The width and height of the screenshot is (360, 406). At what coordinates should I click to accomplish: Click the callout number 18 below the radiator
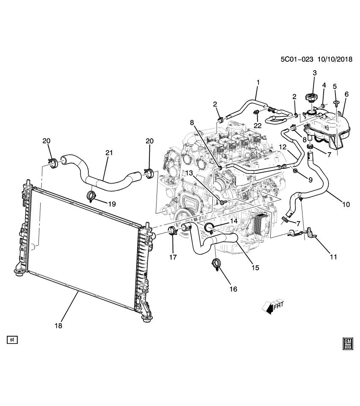pyautogui.click(x=58, y=325)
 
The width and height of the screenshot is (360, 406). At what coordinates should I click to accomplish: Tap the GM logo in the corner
pyautogui.click(x=348, y=343)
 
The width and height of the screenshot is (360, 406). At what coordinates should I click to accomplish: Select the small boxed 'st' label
pyautogui.click(x=12, y=339)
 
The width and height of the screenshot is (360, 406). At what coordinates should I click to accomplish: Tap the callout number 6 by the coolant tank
pyautogui.click(x=346, y=94)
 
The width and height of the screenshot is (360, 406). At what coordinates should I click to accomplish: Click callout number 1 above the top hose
pyautogui.click(x=258, y=82)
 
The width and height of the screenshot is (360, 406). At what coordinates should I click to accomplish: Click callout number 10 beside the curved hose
pyautogui.click(x=346, y=205)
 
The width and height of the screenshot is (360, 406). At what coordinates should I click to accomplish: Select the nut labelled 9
pyautogui.click(x=296, y=171)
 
